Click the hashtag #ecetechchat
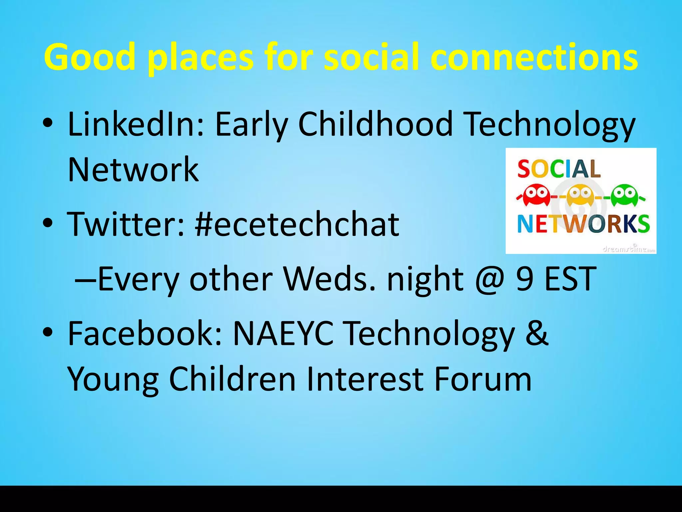tap(297, 224)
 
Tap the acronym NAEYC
tap(283, 333)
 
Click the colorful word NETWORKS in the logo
tap(583, 224)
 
